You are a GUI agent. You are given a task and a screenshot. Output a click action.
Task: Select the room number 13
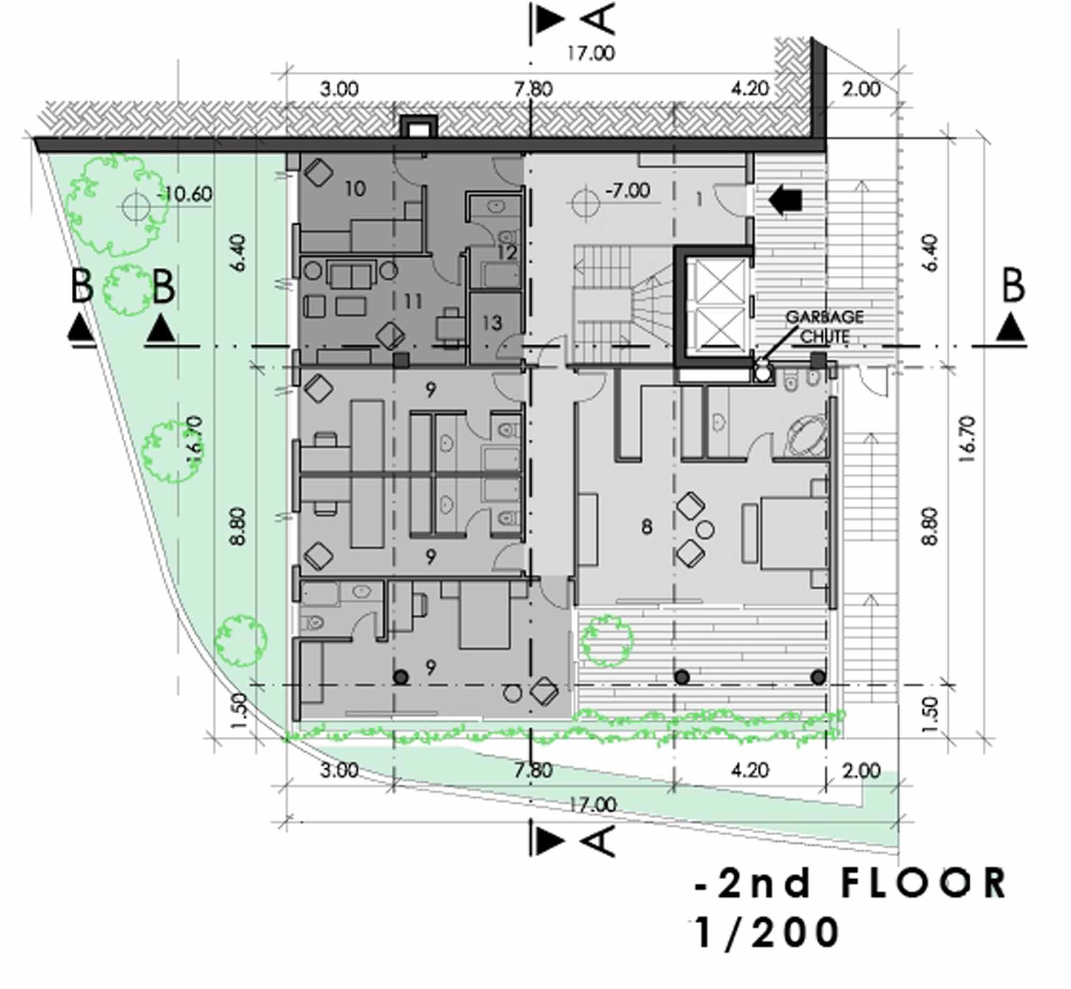click(x=492, y=323)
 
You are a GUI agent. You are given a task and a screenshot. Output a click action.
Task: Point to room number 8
click(x=647, y=527)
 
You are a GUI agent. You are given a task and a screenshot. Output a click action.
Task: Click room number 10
click(x=355, y=188)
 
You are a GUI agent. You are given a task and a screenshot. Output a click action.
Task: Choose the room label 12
click(x=507, y=252)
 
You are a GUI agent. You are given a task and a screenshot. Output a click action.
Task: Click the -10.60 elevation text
click(x=185, y=193)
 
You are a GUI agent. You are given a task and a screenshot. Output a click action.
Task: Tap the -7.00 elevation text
click(x=628, y=190)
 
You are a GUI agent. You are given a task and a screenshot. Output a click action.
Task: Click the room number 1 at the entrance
click(x=699, y=200)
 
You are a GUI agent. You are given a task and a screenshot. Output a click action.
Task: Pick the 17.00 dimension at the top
click(x=591, y=53)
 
